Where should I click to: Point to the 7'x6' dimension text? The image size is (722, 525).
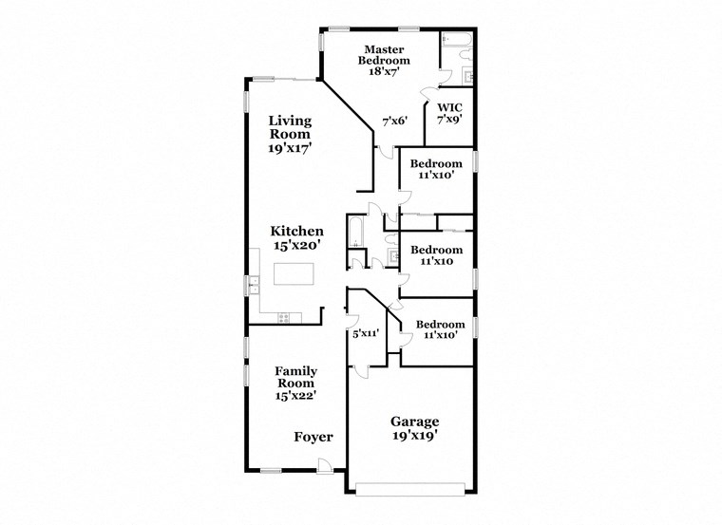394,121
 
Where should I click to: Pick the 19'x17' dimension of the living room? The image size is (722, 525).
290,148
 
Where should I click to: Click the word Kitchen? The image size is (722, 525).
296,231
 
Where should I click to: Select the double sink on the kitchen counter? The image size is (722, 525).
254,282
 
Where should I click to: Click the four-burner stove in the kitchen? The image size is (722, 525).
284,317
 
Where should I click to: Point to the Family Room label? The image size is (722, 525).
295,377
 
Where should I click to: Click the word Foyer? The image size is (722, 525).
313,437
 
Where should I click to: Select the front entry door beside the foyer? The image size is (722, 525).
325,465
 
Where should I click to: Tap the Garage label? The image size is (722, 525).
414,422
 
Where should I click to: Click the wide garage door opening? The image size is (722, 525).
410,490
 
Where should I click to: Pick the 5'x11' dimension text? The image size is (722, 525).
366,334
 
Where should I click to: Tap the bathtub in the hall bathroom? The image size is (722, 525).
355,232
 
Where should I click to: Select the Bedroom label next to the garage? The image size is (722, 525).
438,324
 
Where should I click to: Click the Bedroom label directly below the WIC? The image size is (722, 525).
438,163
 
